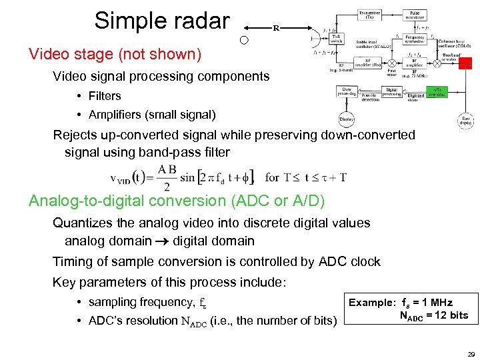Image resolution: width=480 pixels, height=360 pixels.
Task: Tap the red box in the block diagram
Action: pos(467,63)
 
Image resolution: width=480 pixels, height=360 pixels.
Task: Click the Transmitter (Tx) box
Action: pos(370,16)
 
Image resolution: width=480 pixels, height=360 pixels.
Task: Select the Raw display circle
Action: pos(466,121)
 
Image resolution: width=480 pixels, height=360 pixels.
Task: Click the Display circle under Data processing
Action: pos(347,119)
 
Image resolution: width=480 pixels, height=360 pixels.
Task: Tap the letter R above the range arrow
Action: pos(275,28)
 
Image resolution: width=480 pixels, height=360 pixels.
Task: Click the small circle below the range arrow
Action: pos(244,40)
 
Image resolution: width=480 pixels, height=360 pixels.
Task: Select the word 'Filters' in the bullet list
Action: pos(105,96)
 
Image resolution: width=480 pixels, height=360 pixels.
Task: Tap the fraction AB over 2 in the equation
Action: pos(167,178)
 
